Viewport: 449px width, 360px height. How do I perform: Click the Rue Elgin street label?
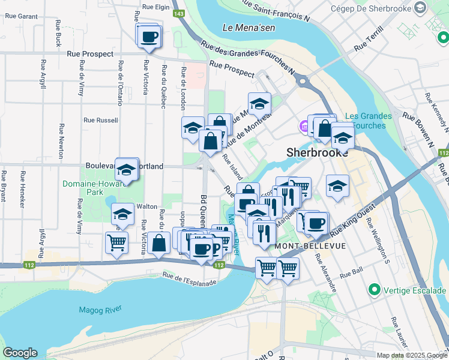(x=156, y=8)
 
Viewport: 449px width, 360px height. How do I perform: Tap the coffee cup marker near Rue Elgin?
(x=148, y=37)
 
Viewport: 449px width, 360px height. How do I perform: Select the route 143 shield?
(x=178, y=13)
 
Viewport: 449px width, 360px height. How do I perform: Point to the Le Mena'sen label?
(x=244, y=28)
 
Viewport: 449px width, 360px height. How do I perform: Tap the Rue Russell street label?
(x=100, y=120)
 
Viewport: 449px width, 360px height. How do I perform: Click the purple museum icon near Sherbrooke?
(x=304, y=127)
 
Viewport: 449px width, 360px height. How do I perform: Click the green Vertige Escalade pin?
(x=375, y=290)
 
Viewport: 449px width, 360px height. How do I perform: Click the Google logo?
(x=20, y=353)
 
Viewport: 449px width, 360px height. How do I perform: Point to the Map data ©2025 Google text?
(x=412, y=355)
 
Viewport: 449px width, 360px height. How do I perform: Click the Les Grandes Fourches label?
(x=369, y=121)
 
